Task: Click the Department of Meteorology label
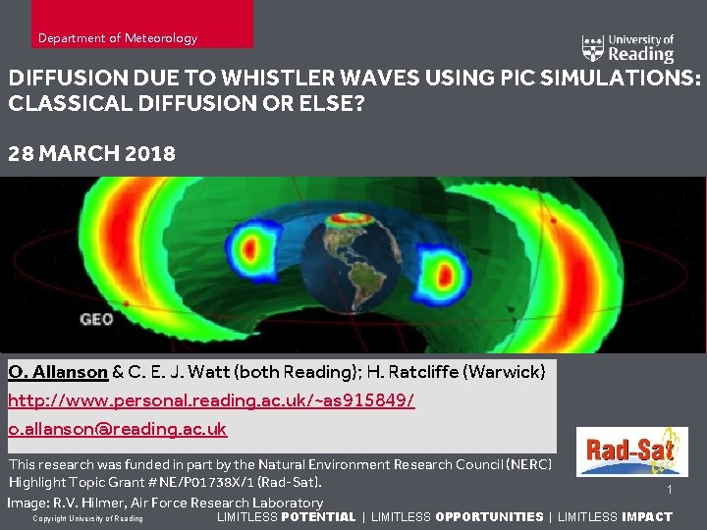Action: pos(117,38)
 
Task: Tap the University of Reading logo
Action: pos(627,48)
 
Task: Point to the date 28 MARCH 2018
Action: pos(91,154)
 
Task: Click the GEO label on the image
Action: pos(96,319)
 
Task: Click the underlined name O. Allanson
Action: pos(58,372)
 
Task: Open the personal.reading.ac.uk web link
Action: pos(211,400)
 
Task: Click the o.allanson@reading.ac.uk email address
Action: pos(117,429)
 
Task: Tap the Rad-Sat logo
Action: pos(631,452)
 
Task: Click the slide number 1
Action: pos(669,490)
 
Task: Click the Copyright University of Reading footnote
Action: pos(87,518)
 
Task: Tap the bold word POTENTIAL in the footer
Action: pos(318,517)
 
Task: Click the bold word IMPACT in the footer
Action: pos(647,517)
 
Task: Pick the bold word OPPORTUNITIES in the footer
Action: pos(489,517)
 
